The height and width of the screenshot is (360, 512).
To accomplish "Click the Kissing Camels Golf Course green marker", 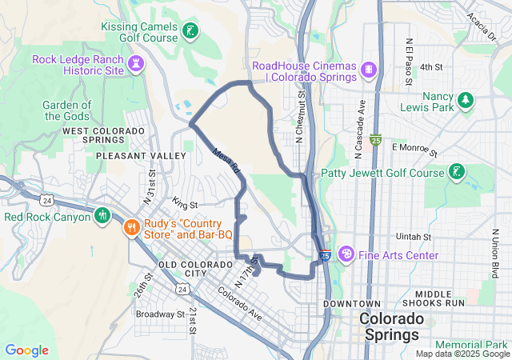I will coord(190,31).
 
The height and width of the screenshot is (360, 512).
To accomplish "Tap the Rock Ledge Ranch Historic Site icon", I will coord(137,62).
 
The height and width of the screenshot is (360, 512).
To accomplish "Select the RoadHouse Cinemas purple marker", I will coord(368,68).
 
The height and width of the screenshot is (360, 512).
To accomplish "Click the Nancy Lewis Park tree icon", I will coord(466,100).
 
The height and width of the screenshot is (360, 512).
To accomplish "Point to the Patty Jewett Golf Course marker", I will coord(456,172).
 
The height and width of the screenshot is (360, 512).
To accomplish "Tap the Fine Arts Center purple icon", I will coord(346,254).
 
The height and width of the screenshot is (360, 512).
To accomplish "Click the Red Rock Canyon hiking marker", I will coord(102,215).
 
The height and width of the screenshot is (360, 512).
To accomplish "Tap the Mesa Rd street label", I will coord(226,159).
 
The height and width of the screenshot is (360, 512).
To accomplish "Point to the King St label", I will coord(184,206).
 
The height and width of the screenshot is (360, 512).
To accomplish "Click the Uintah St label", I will coord(414,238).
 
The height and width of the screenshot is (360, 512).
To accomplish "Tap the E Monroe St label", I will coord(414,148).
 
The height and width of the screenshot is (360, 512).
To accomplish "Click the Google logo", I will coord(26,350).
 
